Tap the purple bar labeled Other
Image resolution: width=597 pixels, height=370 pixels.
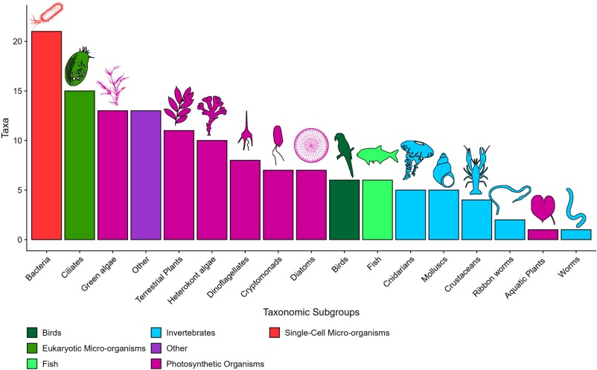click(x=145, y=175)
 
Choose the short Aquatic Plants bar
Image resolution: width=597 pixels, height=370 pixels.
click(x=543, y=235)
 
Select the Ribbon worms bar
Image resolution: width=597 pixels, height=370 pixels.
click(x=510, y=229)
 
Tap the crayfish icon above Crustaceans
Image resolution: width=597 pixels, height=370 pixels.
click(x=476, y=170)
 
